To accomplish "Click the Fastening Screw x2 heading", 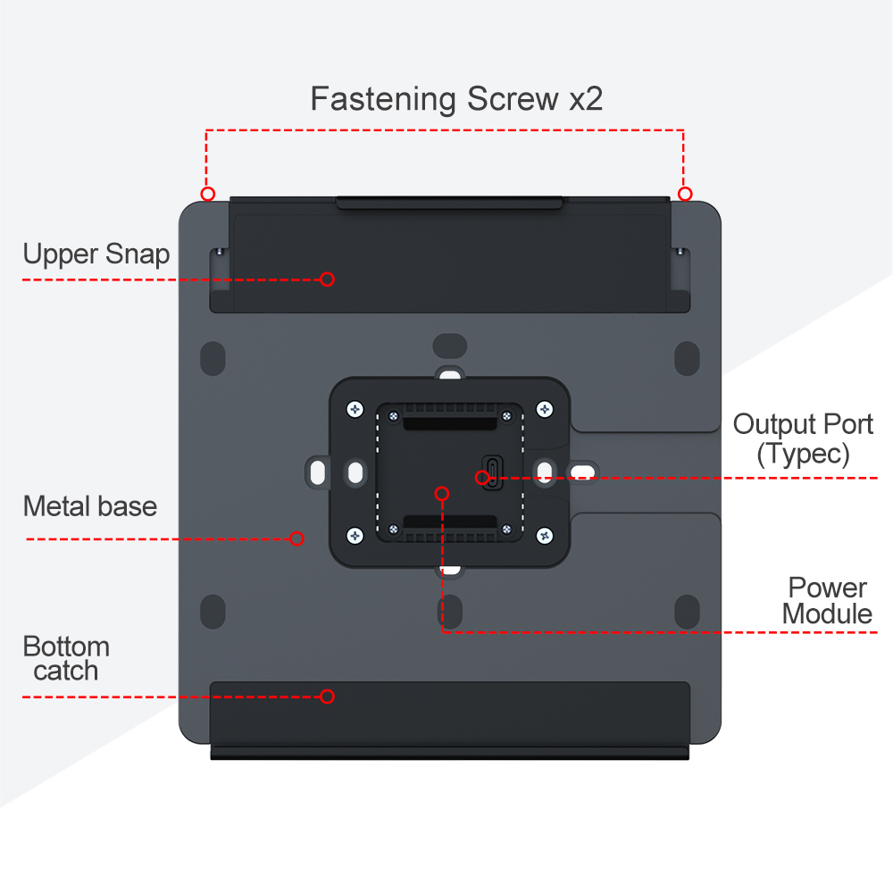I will point(456,98).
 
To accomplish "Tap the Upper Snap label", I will point(96,254).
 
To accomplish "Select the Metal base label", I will point(89,506).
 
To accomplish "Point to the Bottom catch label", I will point(66,658).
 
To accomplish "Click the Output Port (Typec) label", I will point(803,438).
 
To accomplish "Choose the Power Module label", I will point(827,601).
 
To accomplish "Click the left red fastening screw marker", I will point(207,194).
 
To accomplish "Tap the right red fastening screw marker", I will point(685,194).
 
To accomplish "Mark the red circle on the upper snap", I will point(327,279).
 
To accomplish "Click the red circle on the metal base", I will point(297,538).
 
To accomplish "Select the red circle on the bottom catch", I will point(327,697).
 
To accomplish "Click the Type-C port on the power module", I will point(490,471).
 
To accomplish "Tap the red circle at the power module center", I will point(441,492).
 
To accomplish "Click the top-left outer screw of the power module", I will point(355,409).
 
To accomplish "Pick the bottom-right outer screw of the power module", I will point(544,535).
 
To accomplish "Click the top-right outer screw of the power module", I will point(544,409).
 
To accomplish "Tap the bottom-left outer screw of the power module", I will point(355,535).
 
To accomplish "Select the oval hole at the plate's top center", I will point(450,346).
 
